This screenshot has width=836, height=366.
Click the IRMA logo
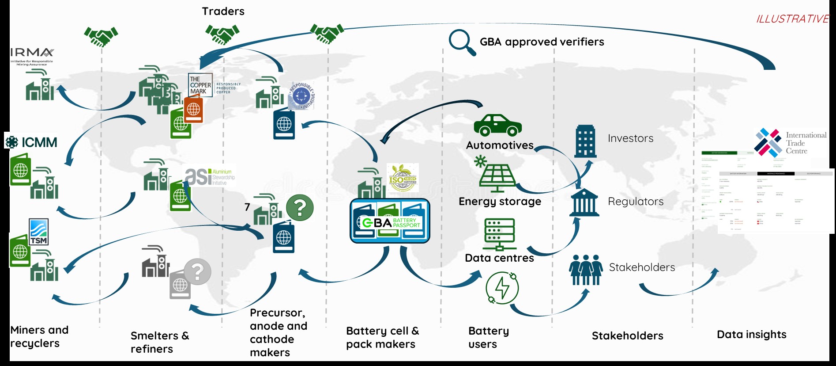pyautogui.click(x=32, y=57)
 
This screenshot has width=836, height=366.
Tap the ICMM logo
pyautogui.click(x=31, y=142)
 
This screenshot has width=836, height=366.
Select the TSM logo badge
pyautogui.click(x=39, y=232)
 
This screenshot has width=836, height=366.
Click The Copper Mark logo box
pyautogui.click(x=200, y=85)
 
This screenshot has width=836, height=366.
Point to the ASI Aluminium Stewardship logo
pyautogui.click(x=210, y=177)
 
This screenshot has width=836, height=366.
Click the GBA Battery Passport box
pyautogui.click(x=390, y=221)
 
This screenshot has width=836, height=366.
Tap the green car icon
pyautogui.click(x=497, y=126)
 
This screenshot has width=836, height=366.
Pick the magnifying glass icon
pyautogui.click(x=462, y=42)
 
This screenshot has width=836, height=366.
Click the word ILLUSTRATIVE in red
pyautogui.click(x=792, y=19)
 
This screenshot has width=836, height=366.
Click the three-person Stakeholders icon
pyautogui.click(x=586, y=269)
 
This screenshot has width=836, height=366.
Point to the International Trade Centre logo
pyautogui.click(x=790, y=143)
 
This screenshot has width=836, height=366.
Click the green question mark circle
pyautogui.click(x=300, y=208)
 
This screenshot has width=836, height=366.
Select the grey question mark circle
pyautogui.click(x=197, y=271)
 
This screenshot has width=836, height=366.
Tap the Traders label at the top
pyautogui.click(x=223, y=11)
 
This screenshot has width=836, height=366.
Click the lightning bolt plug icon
pyautogui.click(x=502, y=288)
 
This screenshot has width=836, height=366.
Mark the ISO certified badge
pyautogui.click(x=403, y=178)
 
